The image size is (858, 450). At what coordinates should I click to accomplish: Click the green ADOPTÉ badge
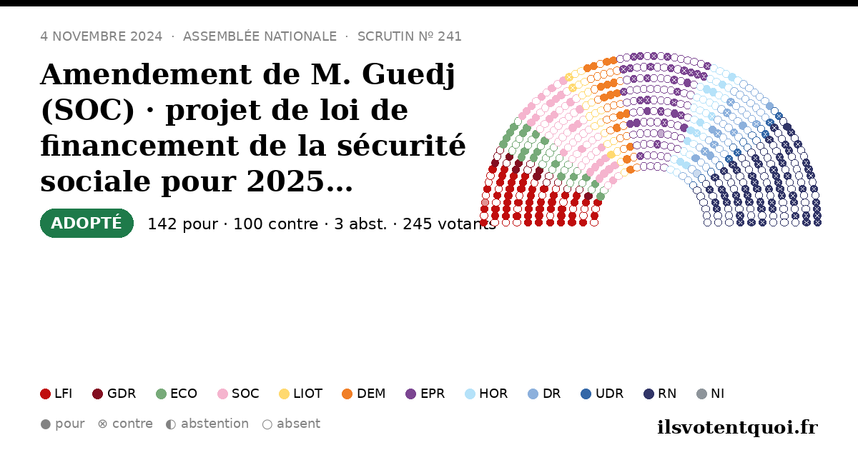tap(87, 223)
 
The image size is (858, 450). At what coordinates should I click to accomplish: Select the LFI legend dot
tap(45, 394)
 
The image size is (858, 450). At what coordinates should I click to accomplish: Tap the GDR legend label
tap(122, 394)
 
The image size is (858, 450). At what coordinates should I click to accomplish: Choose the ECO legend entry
tap(177, 394)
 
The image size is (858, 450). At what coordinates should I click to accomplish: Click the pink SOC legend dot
tap(222, 394)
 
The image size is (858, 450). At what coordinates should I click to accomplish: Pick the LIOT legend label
tap(307, 394)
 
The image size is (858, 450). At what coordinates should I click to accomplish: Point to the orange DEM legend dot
tap(347, 394)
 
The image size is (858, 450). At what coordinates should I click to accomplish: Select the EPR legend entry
tap(425, 394)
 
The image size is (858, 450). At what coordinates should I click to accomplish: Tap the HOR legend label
tap(493, 394)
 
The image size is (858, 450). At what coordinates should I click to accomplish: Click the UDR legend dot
tap(586, 394)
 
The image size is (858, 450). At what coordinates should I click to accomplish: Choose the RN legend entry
tap(660, 394)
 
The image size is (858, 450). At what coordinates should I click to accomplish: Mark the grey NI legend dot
tap(701, 394)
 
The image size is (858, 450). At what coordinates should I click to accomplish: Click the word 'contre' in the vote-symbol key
tap(132, 424)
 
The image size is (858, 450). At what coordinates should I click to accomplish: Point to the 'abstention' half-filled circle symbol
tap(171, 424)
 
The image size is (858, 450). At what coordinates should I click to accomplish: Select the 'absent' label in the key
tap(298, 424)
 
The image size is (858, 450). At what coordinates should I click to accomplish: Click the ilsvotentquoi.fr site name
tap(737, 427)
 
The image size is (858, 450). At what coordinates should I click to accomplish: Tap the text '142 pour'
tap(183, 224)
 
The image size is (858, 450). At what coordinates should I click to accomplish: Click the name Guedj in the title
tap(408, 74)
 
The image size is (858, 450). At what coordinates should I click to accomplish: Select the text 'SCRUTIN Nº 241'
tap(410, 36)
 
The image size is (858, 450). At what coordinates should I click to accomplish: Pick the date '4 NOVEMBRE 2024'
tap(101, 36)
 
